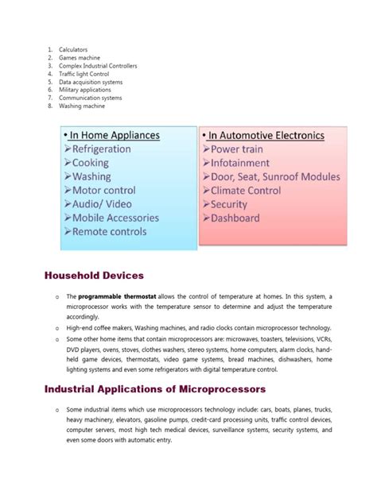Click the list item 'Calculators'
(73, 49)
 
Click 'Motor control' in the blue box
(103, 191)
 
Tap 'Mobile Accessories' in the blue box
(115, 218)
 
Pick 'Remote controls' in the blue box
(109, 232)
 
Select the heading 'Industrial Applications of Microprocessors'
(154, 389)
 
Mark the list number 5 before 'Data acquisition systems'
(49, 82)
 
